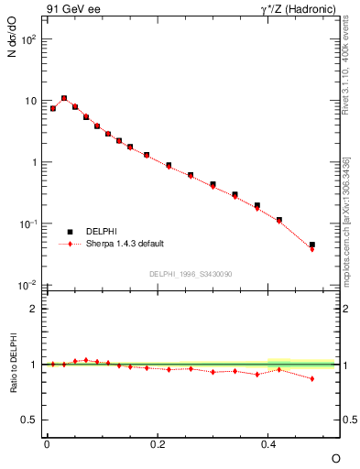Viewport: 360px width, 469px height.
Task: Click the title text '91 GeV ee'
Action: (70, 10)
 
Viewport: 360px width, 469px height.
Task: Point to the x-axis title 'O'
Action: (335, 457)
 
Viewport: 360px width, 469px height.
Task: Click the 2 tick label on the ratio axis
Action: (34, 309)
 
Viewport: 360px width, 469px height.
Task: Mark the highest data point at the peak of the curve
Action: (63, 98)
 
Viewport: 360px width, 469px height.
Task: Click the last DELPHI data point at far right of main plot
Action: (312, 245)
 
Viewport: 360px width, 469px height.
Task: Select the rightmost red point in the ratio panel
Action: (312, 378)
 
